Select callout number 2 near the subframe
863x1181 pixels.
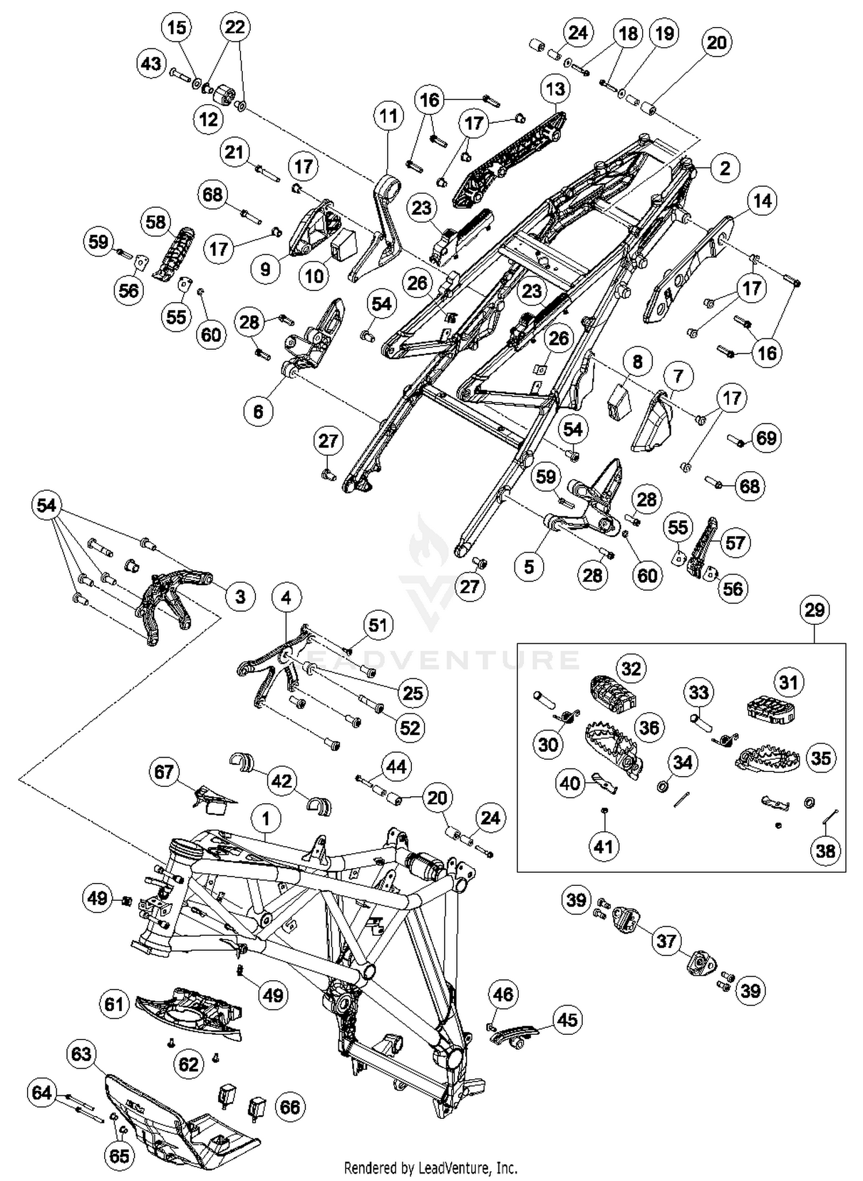coord(725,168)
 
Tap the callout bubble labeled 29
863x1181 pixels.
coord(815,610)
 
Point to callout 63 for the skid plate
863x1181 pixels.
coord(81,1054)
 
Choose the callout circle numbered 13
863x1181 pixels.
coord(555,89)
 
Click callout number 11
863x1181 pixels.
coord(388,116)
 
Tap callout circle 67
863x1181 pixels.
coord(164,771)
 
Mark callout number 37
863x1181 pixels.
coord(666,941)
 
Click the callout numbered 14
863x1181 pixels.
coord(762,201)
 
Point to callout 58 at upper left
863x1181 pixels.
coord(156,222)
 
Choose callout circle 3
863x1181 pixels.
coord(240,597)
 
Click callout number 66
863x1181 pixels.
coord(290,1107)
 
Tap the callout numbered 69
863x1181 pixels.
coord(766,438)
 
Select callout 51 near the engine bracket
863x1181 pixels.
coord(377,625)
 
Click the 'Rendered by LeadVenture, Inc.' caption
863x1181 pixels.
coord(430,1168)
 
